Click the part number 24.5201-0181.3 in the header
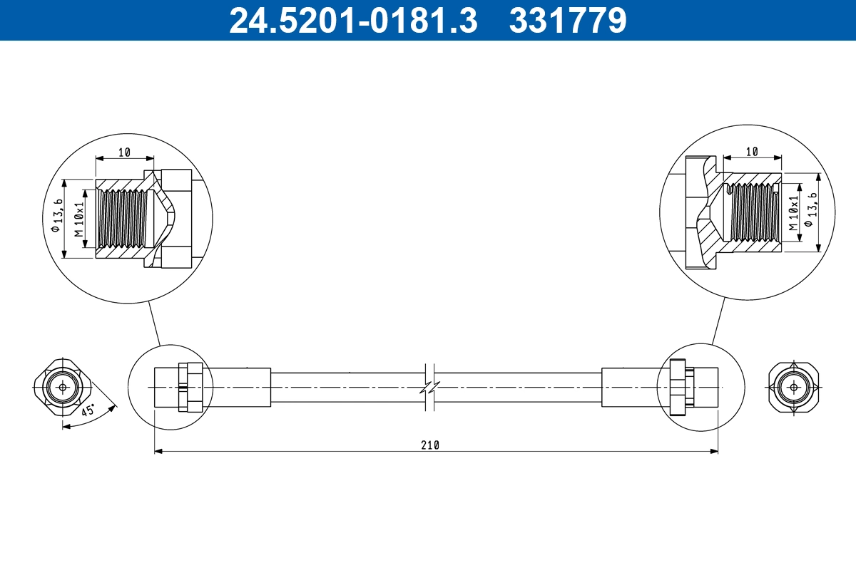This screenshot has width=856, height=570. click(352, 20)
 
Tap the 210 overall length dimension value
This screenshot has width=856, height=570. click(429, 445)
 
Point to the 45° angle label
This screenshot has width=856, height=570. click(88, 411)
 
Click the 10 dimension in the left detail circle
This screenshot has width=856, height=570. click(124, 152)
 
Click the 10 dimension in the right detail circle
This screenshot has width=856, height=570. click(752, 152)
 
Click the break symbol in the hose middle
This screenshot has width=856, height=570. click(430, 388)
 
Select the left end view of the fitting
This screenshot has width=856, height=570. click(63, 388)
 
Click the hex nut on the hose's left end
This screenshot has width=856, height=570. click(190, 388)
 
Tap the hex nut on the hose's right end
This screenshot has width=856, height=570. click(681, 388)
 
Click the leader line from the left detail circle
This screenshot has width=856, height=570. click(154, 323)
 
